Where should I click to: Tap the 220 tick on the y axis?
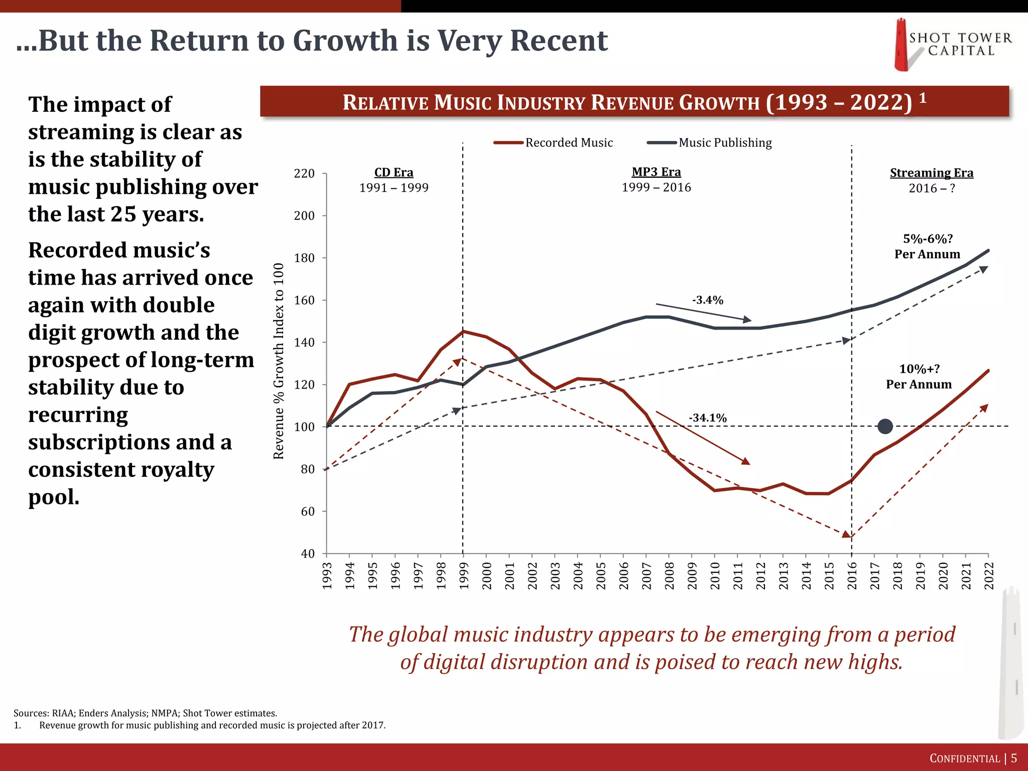pyautogui.click(x=304, y=174)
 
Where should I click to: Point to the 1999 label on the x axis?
pyautogui.click(x=463, y=576)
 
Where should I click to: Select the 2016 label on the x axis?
pyautogui.click(x=852, y=576)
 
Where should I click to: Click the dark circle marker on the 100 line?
pyautogui.click(x=885, y=427)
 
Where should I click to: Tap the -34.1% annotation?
pyautogui.click(x=707, y=418)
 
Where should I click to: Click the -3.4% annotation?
pyautogui.click(x=707, y=300)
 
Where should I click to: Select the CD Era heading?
pyautogui.click(x=394, y=172)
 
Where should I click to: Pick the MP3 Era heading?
pyautogui.click(x=656, y=172)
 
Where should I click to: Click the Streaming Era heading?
pyautogui.click(x=931, y=173)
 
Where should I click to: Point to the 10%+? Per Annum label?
pyautogui.click(x=919, y=376)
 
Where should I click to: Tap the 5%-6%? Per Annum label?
pyautogui.click(x=927, y=246)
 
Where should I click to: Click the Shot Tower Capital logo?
pyautogui.click(x=951, y=45)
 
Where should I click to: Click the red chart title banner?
pyautogui.click(x=634, y=102)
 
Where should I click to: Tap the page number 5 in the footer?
pyautogui.click(x=1013, y=758)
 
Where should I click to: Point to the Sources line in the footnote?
pyautogui.click(x=145, y=713)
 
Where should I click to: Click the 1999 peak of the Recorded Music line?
pyautogui.click(x=463, y=331)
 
